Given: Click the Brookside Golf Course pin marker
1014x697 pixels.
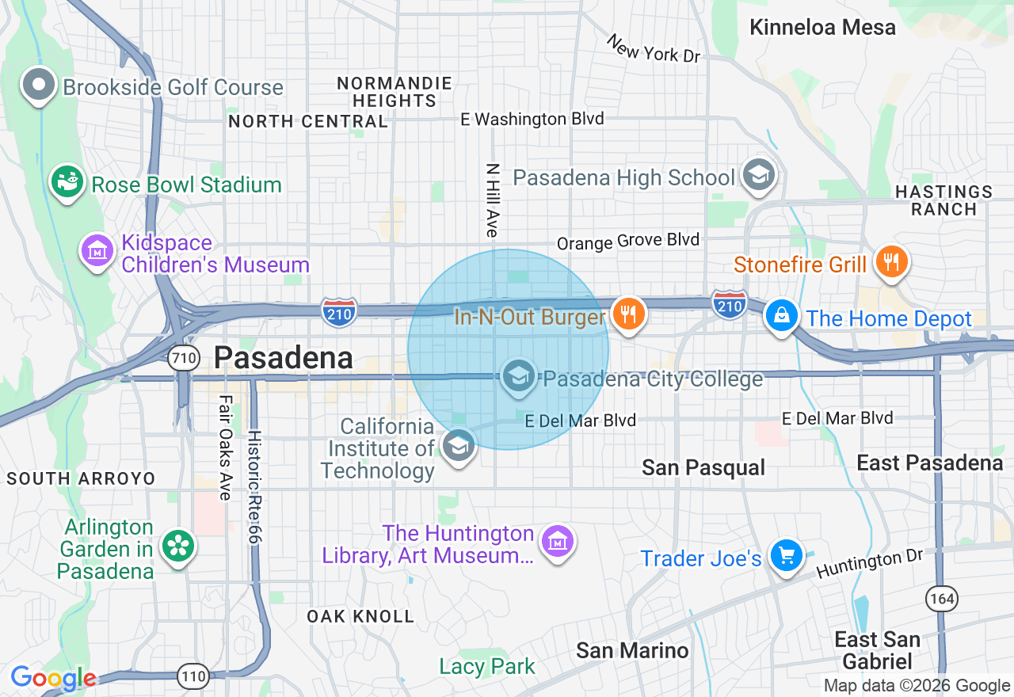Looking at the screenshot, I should pyautogui.click(x=38, y=85).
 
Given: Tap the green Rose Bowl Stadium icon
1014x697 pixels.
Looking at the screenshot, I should pyautogui.click(x=67, y=182).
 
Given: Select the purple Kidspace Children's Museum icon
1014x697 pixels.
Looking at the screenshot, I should pyautogui.click(x=97, y=251).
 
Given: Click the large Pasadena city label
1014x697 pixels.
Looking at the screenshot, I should pyautogui.click(x=283, y=358).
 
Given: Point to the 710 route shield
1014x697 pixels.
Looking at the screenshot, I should pyautogui.click(x=183, y=359).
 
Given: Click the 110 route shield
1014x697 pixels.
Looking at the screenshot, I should pyautogui.click(x=193, y=676).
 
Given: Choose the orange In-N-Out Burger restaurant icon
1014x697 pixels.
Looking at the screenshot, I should pyautogui.click(x=629, y=315).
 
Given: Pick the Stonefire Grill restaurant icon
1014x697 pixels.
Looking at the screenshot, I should pyautogui.click(x=891, y=262).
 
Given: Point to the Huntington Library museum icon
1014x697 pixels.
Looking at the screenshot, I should pyautogui.click(x=557, y=542).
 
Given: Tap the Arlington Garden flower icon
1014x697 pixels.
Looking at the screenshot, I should pyautogui.click(x=177, y=547).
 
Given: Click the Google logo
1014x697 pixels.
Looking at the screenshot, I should pyautogui.click(x=53, y=679).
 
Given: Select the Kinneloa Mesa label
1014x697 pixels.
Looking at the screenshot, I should pyautogui.click(x=822, y=27).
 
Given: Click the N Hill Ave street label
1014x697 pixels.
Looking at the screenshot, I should pyautogui.click(x=492, y=200).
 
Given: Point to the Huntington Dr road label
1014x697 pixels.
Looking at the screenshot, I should pyautogui.click(x=870, y=564).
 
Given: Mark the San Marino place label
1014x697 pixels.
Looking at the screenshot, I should pyautogui.click(x=632, y=651).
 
